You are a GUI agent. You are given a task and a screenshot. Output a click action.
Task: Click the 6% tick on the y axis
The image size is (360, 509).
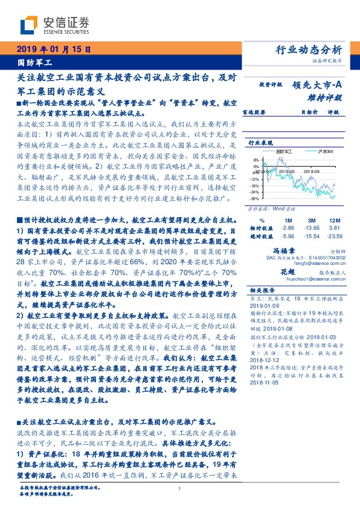[x=256, y=160]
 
